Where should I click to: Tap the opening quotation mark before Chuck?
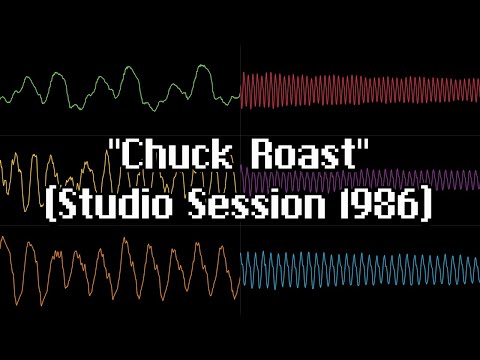114,151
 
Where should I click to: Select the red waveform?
360,90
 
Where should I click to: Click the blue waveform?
360,269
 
